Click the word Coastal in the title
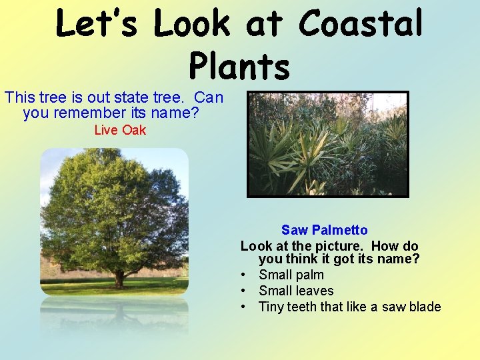coord(361,24)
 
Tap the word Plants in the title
coord(239,66)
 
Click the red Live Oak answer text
coord(120,130)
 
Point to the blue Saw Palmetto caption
coord(324,230)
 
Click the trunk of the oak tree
coord(119,278)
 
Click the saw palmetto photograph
coord(327,144)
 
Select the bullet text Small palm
coord(291,275)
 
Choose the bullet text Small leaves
coord(296,291)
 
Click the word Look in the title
coord(192,24)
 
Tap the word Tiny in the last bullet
coord(272,307)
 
